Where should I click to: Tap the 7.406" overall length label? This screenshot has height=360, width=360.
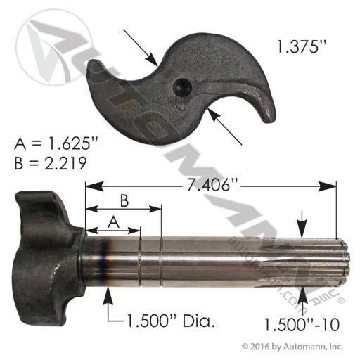pos(210,185)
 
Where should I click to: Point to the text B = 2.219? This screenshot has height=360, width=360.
pos(51,163)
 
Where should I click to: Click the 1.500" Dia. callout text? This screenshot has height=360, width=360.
pos(171,321)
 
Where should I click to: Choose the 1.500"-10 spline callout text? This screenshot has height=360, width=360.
pos(302,325)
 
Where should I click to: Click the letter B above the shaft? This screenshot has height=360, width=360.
pos(124,201)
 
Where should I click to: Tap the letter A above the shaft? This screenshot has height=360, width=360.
pos(113,222)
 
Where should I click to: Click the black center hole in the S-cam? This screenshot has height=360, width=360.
pos(183,88)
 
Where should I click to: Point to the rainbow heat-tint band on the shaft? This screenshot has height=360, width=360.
pos(103,260)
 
